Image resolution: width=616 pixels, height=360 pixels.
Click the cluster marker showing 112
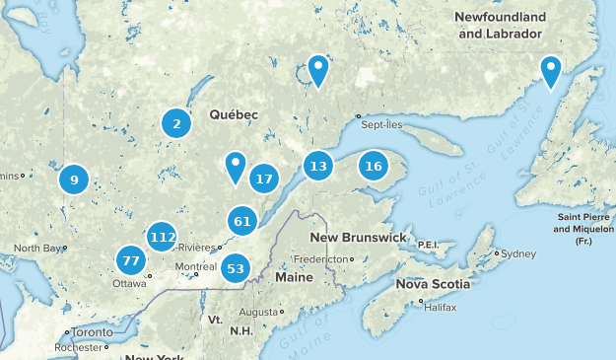pyautogui.click(x=163, y=237)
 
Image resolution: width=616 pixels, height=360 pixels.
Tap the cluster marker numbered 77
pyautogui.click(x=129, y=261)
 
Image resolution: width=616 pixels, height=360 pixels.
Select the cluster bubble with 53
pyautogui.click(x=235, y=267)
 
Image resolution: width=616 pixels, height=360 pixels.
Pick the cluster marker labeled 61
pyautogui.click(x=242, y=221)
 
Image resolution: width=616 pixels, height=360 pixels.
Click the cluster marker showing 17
pyautogui.click(x=263, y=179)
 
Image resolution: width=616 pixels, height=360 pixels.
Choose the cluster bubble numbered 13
pyautogui.click(x=317, y=166)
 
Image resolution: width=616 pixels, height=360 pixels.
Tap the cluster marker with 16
pyautogui.click(x=373, y=166)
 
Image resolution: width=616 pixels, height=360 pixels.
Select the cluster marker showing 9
pyautogui.click(x=73, y=180)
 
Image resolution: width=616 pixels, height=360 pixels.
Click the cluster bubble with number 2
pyautogui.click(x=176, y=123)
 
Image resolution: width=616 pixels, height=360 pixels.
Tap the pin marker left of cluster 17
pyautogui.click(x=235, y=166)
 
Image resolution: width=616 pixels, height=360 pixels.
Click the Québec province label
pyautogui.click(x=234, y=115)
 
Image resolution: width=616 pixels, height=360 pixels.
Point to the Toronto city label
pyautogui.click(x=92, y=332)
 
